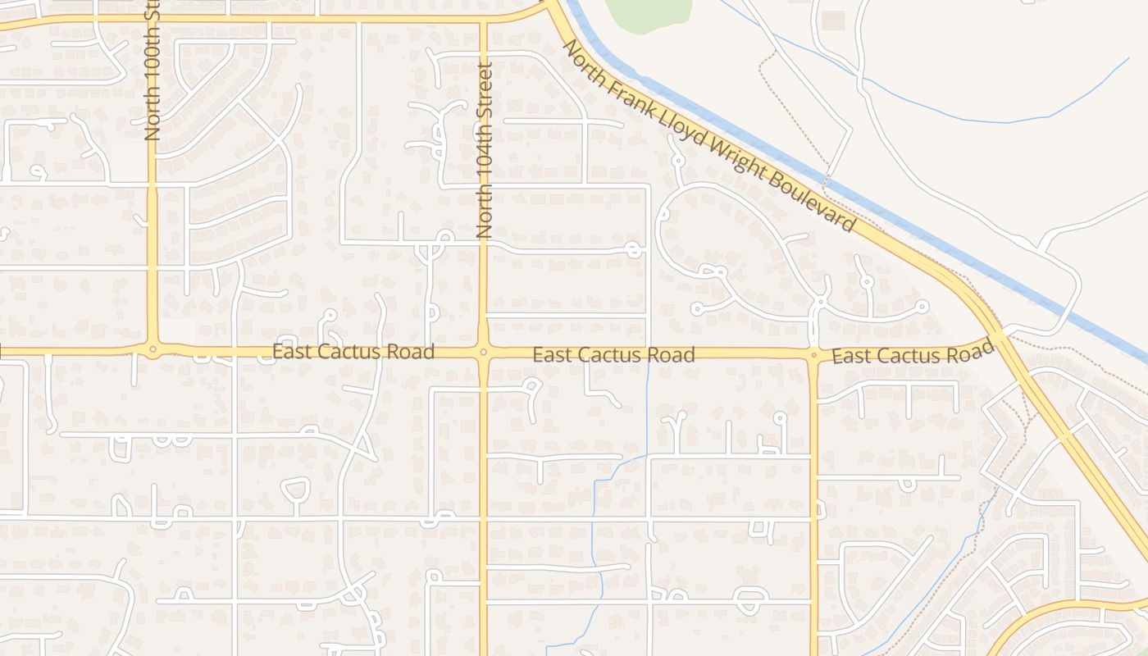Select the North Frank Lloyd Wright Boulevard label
709,137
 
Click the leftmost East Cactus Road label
353,352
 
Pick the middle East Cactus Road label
613,354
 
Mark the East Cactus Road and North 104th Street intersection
483,353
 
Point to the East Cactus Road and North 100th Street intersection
153,351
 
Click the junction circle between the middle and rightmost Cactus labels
813,355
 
